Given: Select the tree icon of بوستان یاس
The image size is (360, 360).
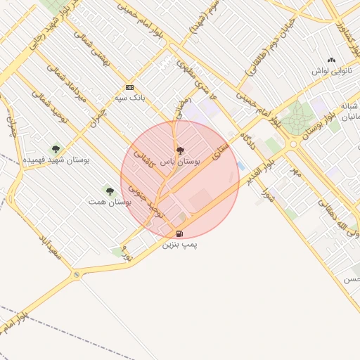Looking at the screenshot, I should pyautogui.click(x=180, y=150).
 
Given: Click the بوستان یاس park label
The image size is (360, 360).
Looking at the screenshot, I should pyautogui.click(x=181, y=161).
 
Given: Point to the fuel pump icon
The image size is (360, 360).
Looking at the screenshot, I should pyautogui.click(x=181, y=233).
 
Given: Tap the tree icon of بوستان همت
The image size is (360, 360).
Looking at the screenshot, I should pyautogui.click(x=109, y=191).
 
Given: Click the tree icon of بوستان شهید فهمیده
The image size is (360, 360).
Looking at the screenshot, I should pyautogui.click(x=56, y=148).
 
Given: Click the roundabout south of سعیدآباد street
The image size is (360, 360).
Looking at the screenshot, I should pyautogui.click(x=76, y=275).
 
